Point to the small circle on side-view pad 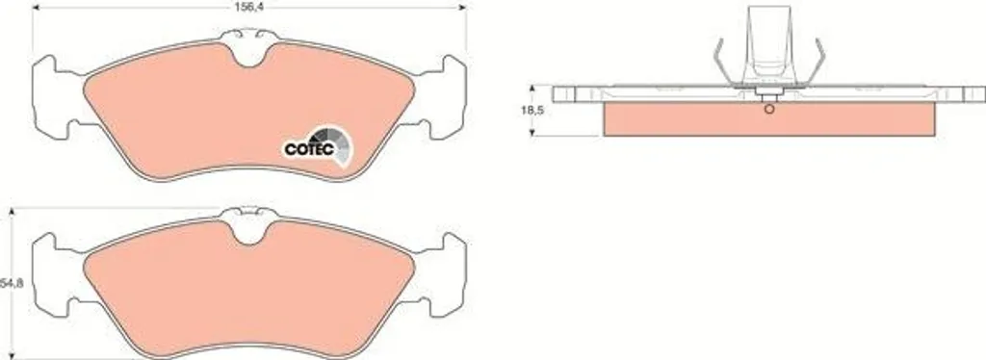pyautogui.click(x=769, y=110)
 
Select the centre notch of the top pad pyautogui.click(x=249, y=54)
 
